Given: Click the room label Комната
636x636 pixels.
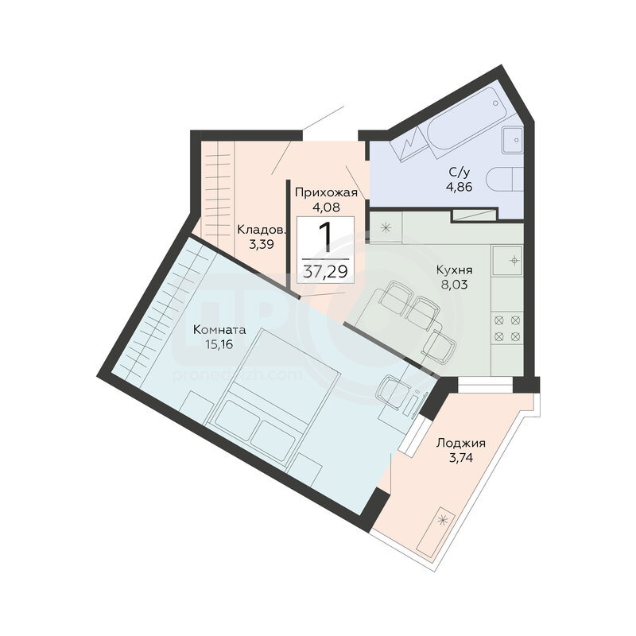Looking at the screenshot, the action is click(x=219, y=329).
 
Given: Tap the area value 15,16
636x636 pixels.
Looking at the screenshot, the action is click(x=219, y=345).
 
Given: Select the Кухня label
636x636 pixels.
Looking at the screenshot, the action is click(x=454, y=270).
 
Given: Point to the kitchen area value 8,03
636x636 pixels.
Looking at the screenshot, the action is click(x=454, y=285).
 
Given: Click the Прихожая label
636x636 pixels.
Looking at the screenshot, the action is click(x=326, y=192).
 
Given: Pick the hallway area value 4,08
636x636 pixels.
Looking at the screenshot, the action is click(x=326, y=207).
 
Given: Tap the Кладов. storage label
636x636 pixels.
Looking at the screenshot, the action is click(x=262, y=230).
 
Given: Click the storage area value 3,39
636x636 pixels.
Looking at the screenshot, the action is click(x=262, y=245).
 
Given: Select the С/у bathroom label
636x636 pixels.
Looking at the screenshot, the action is click(x=460, y=173).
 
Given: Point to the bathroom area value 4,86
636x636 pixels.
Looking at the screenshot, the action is click(x=460, y=187).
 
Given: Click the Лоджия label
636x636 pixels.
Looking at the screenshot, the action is click(x=461, y=444).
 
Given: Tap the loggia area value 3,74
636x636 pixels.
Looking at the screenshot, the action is click(x=461, y=458).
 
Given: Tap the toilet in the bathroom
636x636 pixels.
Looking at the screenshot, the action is click(x=504, y=179).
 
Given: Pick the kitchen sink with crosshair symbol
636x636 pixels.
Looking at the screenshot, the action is click(x=508, y=260).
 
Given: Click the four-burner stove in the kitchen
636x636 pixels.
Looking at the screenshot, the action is click(x=507, y=328).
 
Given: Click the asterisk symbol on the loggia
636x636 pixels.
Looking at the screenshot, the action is click(x=443, y=519).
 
